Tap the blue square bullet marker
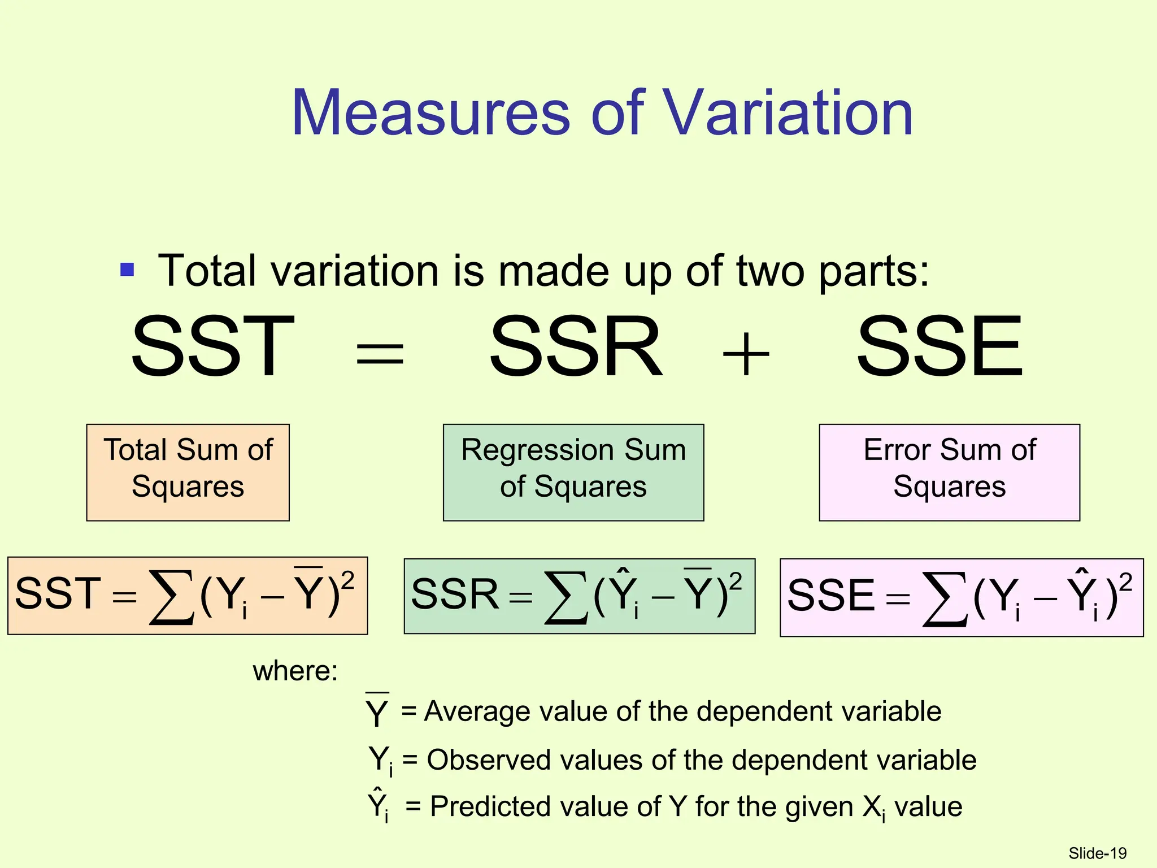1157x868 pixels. pyautogui.click(x=128, y=270)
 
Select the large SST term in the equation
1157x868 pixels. pyautogui.click(x=213, y=346)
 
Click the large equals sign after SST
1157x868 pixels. pyautogui.click(x=380, y=355)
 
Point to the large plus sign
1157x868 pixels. pyautogui.click(x=746, y=355)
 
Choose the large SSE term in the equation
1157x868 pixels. pyautogui.click(x=939, y=346)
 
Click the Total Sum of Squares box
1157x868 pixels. pyautogui.click(x=188, y=472)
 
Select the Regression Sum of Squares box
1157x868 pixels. pyautogui.click(x=573, y=472)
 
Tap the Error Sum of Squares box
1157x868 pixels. pyautogui.click(x=949, y=472)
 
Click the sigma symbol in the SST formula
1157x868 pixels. pyautogui.click(x=171, y=597)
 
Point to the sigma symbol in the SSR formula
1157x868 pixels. pyautogui.click(x=566, y=597)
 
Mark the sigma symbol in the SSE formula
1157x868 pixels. pyautogui.click(x=945, y=599)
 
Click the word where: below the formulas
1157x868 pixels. pyautogui.click(x=295, y=671)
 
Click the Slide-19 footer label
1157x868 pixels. pyautogui.click(x=1097, y=853)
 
